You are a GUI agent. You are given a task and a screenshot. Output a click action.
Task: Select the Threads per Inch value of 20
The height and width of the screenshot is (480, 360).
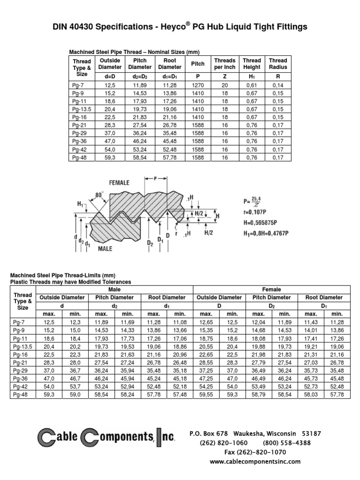[225, 85]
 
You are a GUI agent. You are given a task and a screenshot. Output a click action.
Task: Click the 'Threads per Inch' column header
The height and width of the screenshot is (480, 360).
[225, 64]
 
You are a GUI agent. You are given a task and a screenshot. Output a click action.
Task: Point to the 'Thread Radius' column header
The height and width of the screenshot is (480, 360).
[277, 64]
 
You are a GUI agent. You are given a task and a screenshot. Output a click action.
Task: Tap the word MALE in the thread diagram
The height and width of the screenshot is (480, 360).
[105, 248]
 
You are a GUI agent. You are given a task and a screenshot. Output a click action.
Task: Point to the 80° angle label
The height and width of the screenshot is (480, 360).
[98, 194]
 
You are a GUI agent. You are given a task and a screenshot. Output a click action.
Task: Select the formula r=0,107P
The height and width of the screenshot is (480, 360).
[258, 212]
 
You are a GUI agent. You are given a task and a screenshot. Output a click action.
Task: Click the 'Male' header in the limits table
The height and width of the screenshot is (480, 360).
[114, 290]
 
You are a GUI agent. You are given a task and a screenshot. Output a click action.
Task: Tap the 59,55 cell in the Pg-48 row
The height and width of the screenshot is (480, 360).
[206, 395]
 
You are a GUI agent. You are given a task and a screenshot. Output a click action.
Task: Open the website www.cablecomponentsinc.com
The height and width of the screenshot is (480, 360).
[255, 461]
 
